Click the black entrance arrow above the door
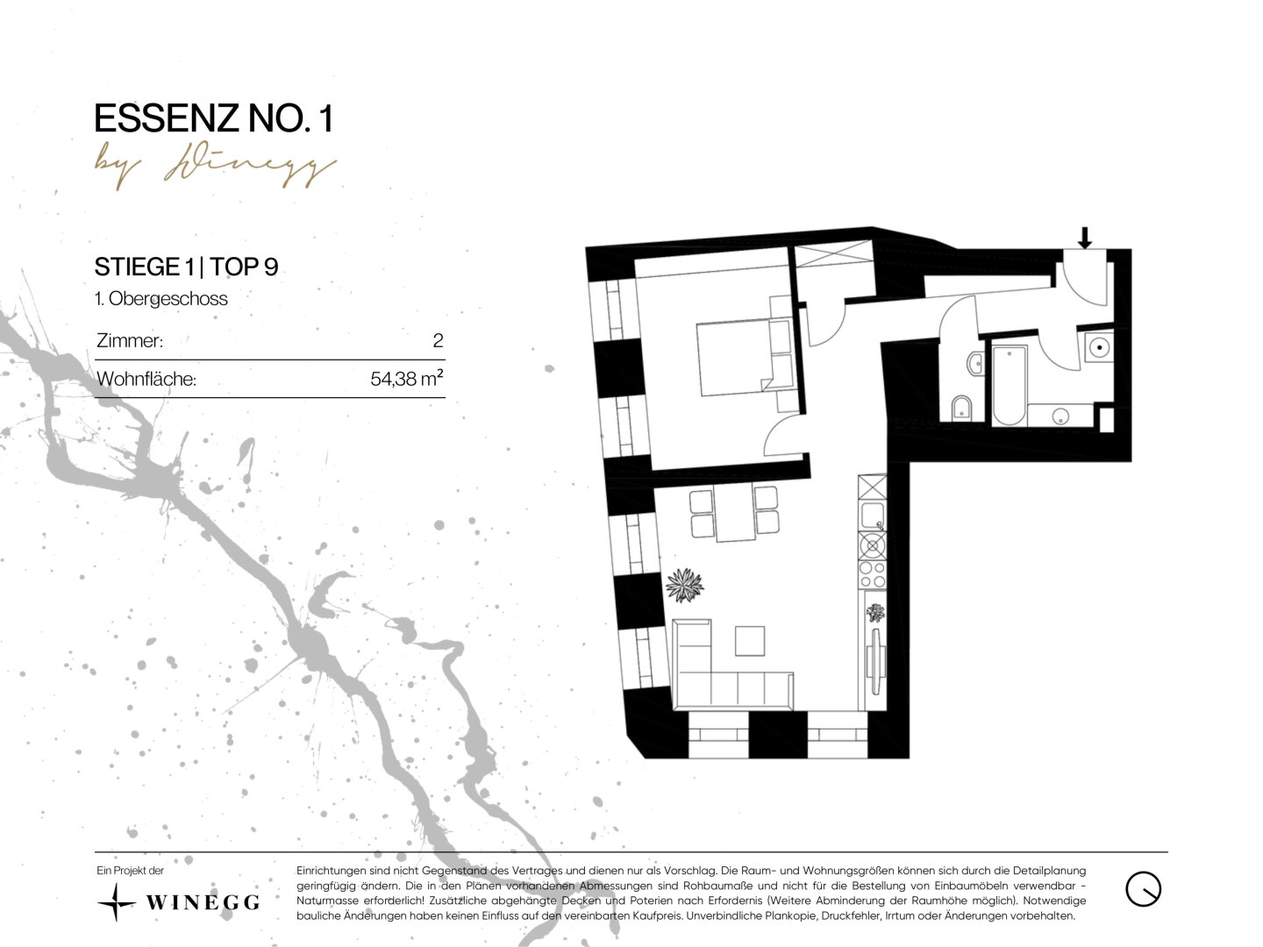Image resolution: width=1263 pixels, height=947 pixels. (x=1084, y=238)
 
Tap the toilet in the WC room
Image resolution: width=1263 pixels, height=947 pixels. (x=962, y=407)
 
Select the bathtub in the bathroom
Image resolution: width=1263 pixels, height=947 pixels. (x=1010, y=385)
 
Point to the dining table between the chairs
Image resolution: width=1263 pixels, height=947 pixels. (x=735, y=513)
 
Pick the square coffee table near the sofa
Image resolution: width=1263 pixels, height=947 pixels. (x=750, y=640)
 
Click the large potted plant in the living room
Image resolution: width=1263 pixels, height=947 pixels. (x=684, y=586)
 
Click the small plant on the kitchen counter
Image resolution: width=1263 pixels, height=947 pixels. (x=875, y=612)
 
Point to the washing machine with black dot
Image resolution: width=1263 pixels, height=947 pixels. (x=1100, y=347)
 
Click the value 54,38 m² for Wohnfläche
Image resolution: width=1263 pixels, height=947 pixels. (x=407, y=378)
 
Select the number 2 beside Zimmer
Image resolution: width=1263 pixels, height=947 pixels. (x=438, y=340)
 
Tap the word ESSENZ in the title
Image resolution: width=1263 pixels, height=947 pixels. (x=166, y=118)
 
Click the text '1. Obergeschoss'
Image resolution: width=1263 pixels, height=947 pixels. (x=161, y=298)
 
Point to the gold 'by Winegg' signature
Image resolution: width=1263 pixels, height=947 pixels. (x=215, y=168)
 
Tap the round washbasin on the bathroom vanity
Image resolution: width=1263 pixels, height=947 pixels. (x=1060, y=416)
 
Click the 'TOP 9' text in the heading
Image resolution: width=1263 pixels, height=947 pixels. (x=244, y=267)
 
